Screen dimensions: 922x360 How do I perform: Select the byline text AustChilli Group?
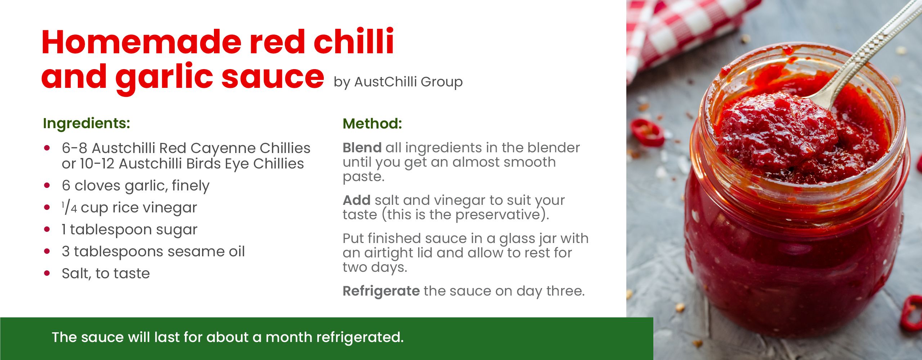[x=408, y=82]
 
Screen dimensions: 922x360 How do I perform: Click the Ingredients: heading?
[x=86, y=123]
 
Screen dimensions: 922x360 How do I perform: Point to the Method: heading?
[x=372, y=123]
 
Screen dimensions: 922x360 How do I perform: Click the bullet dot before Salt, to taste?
[x=47, y=273]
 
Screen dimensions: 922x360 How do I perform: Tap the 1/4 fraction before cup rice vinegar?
[x=69, y=208]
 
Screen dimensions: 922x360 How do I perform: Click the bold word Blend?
[x=362, y=148]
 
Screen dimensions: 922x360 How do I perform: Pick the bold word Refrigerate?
[x=381, y=291]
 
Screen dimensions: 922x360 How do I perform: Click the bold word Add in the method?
[x=357, y=200]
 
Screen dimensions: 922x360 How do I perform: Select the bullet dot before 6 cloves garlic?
[x=47, y=185]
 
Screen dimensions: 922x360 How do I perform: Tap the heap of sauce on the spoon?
[x=778, y=130]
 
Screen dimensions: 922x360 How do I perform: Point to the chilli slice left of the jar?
[x=647, y=132]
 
